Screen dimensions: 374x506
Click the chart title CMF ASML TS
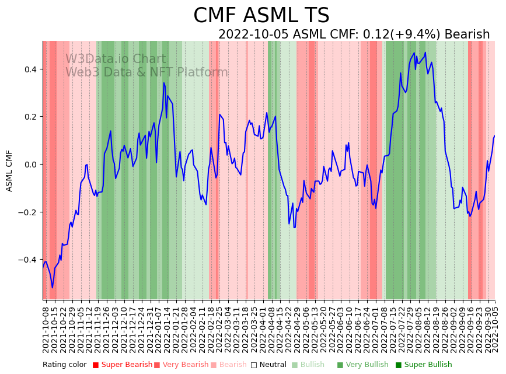click(x=261, y=16)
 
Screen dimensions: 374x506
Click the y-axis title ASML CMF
click(x=9, y=170)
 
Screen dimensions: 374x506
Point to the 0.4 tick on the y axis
click(x=30, y=69)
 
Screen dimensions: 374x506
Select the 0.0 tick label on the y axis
click(x=30, y=165)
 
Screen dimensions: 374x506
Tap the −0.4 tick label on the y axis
click(x=28, y=260)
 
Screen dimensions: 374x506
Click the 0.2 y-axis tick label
click(x=30, y=117)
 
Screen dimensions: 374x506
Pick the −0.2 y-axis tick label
click(x=28, y=212)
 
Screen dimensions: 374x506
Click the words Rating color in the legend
click(x=64, y=365)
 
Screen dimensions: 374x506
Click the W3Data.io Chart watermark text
click(x=116, y=59)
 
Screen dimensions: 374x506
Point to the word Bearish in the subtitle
click(x=467, y=34)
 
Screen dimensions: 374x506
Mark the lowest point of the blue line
click(x=52, y=288)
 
